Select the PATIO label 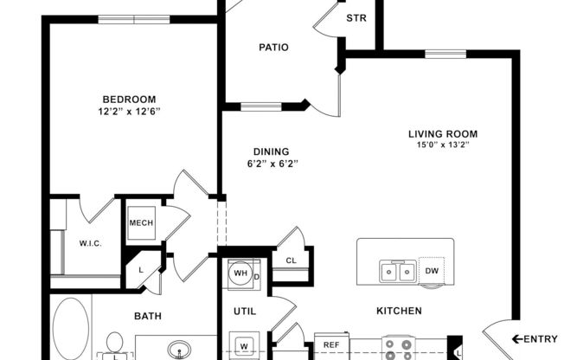pyautogui.click(x=273, y=48)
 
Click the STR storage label pyautogui.click(x=355, y=18)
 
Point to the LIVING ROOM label pyautogui.click(x=443, y=134)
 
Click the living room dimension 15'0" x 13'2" pyautogui.click(x=443, y=145)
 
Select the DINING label pyautogui.click(x=271, y=151)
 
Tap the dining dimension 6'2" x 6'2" pyautogui.click(x=271, y=163)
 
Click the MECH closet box pyautogui.click(x=141, y=223)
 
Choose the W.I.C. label pyautogui.click(x=90, y=244)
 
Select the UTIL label pyautogui.click(x=243, y=310)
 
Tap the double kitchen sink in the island pyautogui.click(x=397, y=273)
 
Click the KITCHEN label pyautogui.click(x=399, y=311)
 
